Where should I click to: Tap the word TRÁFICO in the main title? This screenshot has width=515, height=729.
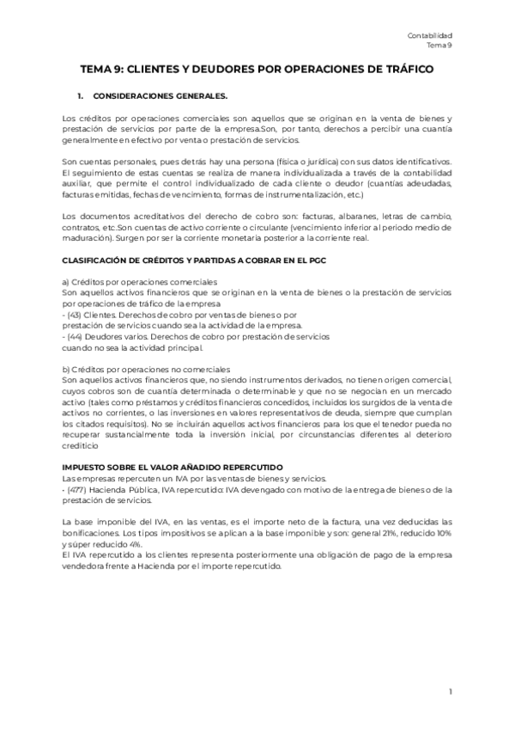[x=405, y=68]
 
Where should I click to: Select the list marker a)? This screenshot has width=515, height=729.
[x=67, y=281]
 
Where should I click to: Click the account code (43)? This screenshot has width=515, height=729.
[x=75, y=315]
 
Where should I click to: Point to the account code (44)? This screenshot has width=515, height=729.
[x=76, y=337]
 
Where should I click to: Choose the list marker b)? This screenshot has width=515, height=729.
[x=67, y=370]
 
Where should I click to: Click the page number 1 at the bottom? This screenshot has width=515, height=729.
[x=450, y=692]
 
